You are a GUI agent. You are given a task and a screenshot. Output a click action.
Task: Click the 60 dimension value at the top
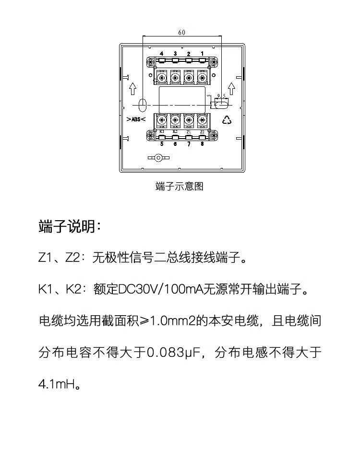click(182, 33)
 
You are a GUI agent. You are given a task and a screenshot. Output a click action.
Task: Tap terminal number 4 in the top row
click(162, 53)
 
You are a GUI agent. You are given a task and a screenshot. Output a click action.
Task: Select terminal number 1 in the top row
click(202, 53)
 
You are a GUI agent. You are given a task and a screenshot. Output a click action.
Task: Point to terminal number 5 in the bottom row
click(162, 143)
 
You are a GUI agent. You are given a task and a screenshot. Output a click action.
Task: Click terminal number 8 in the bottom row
click(202, 143)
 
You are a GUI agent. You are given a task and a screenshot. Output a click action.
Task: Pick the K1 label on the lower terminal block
click(162, 131)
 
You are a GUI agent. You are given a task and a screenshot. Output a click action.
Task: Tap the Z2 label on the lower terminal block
click(202, 131)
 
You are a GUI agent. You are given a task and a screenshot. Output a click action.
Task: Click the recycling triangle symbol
click(227, 120)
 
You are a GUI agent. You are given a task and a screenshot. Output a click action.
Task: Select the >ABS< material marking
click(136, 119)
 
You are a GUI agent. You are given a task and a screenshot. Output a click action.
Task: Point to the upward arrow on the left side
click(133, 89)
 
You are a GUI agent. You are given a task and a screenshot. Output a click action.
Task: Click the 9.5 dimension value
click(221, 96)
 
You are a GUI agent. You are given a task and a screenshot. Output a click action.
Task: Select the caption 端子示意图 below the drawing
click(180, 187)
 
